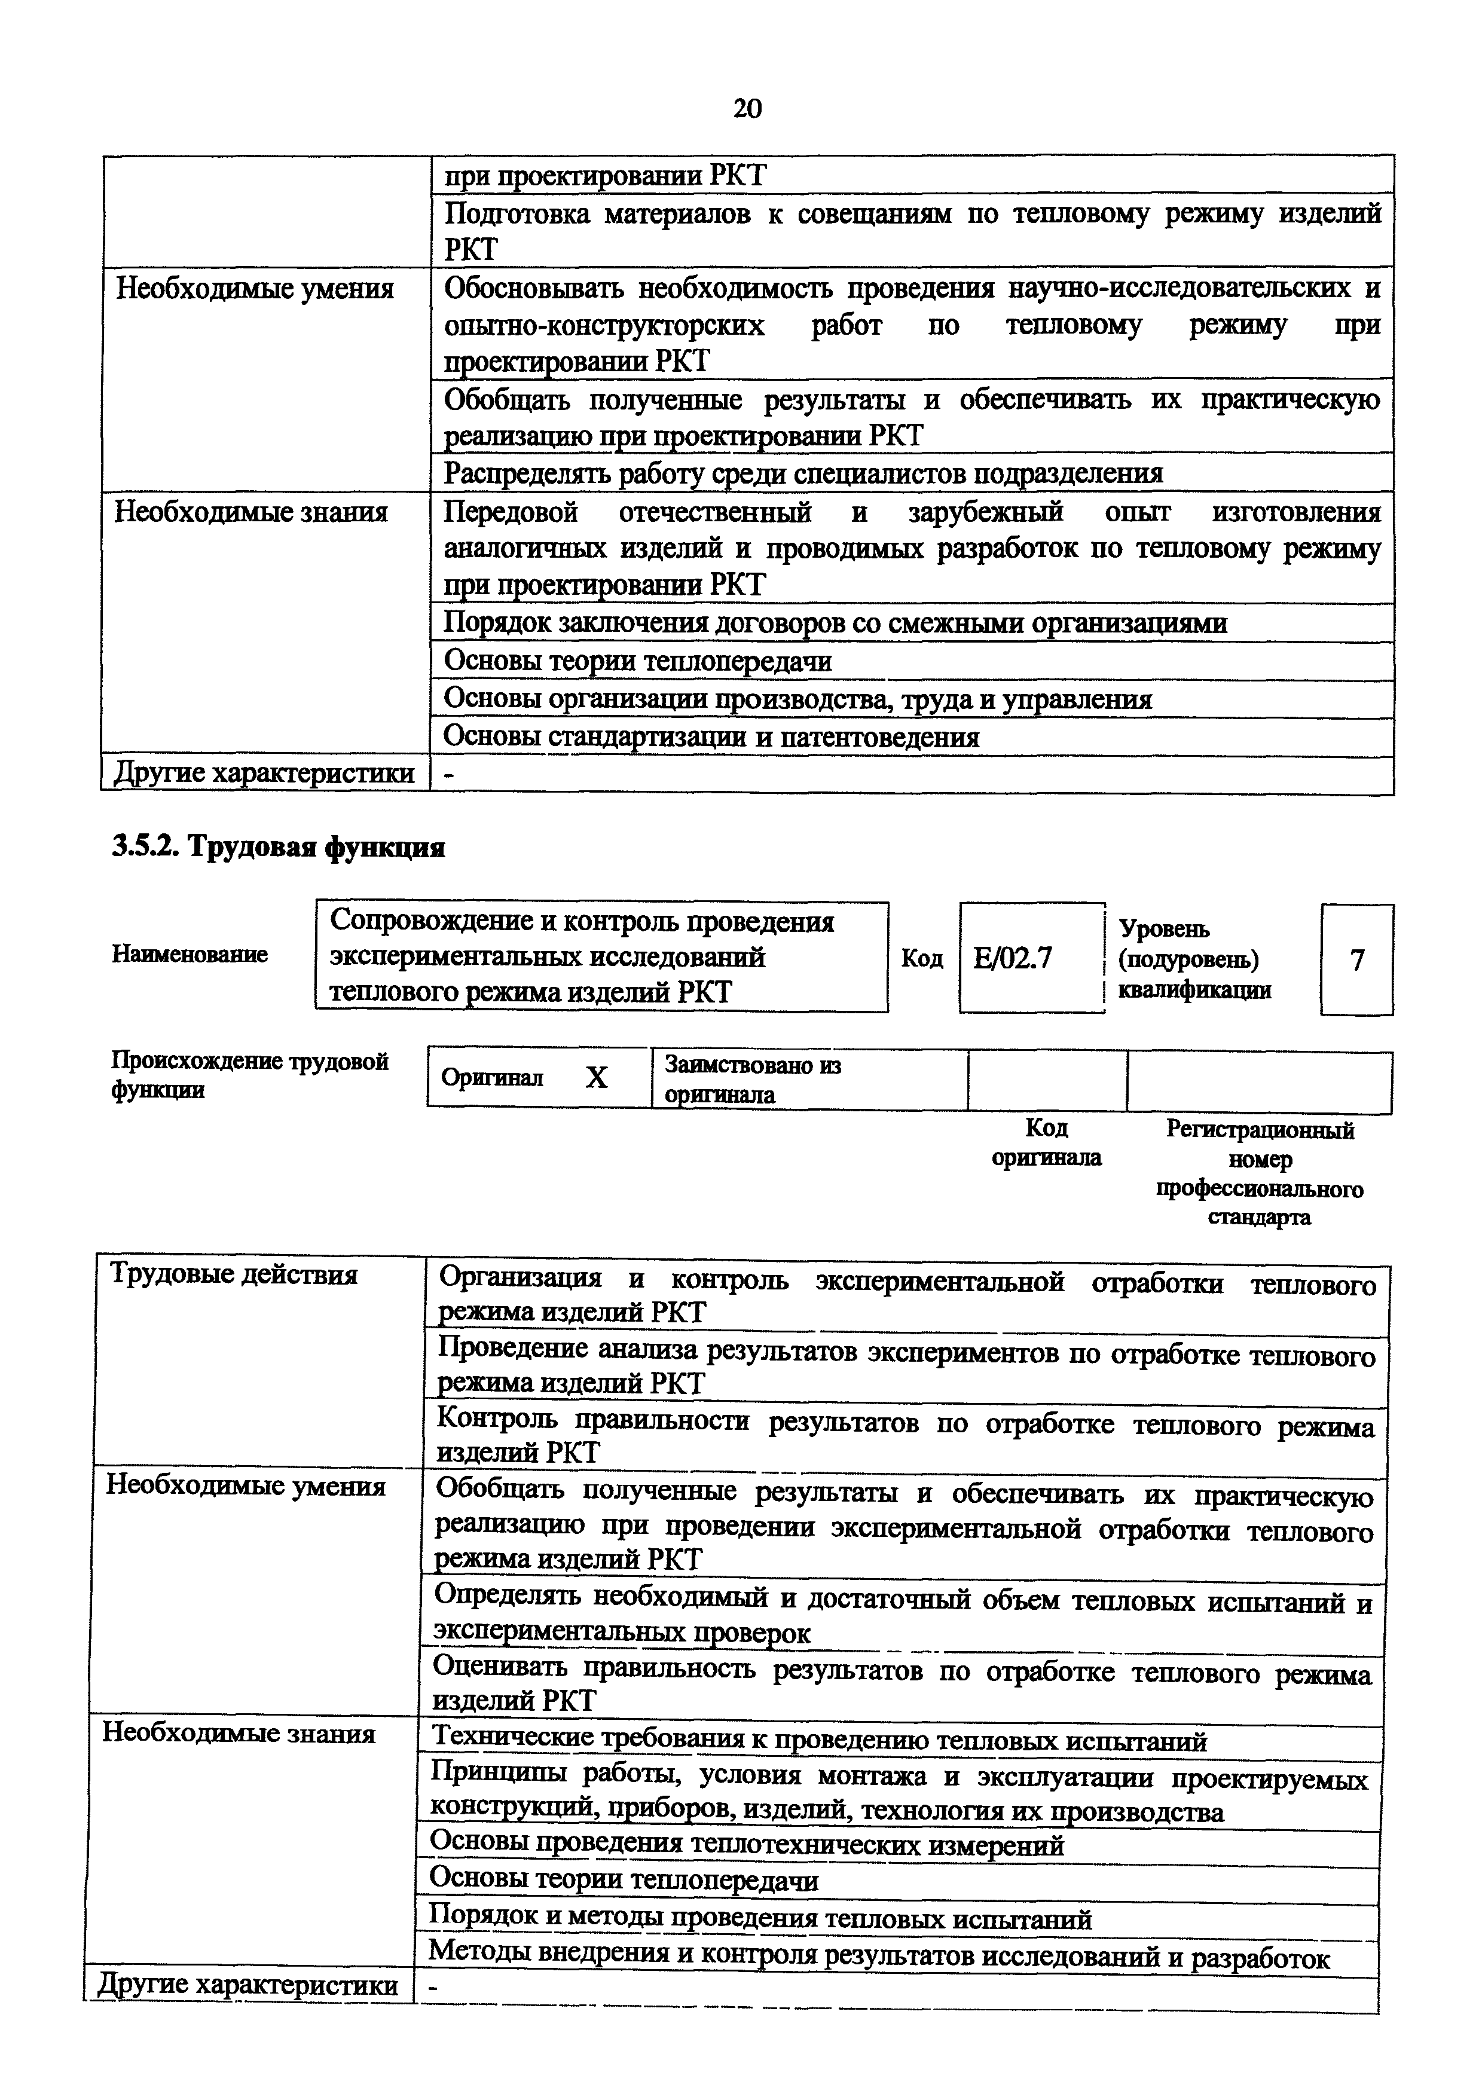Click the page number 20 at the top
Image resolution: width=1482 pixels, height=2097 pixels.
click(746, 109)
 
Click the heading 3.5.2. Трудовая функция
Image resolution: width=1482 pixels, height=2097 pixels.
click(279, 848)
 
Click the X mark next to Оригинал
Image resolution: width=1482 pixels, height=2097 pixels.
click(595, 1078)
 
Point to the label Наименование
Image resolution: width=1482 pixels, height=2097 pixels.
click(190, 955)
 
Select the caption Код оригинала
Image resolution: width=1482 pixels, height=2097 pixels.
click(1046, 1142)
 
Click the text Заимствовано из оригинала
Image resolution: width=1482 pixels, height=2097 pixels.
click(753, 1080)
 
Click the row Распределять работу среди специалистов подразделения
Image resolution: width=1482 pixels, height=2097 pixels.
click(803, 473)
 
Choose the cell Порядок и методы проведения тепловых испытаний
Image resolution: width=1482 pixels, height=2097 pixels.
click(760, 1919)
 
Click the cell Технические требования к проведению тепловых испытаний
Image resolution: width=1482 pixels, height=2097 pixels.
click(818, 1741)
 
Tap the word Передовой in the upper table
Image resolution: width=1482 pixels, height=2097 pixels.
click(511, 512)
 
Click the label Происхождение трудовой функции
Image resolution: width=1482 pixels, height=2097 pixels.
click(249, 1075)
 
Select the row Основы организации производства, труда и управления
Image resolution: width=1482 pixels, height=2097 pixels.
click(797, 699)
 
